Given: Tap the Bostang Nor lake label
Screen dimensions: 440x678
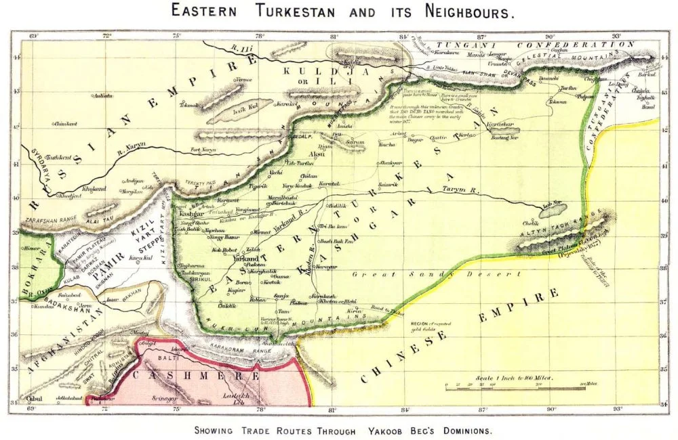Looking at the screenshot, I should [x=504, y=139].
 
